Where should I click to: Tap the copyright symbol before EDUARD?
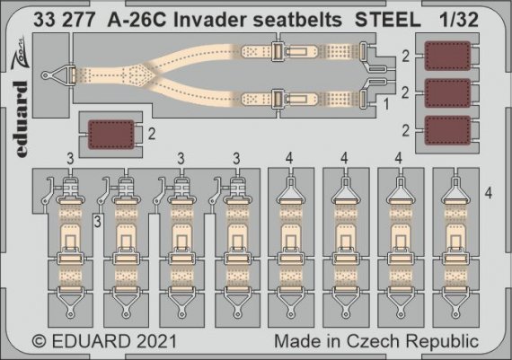point(39,342)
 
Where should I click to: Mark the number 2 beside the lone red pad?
point(151,135)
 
